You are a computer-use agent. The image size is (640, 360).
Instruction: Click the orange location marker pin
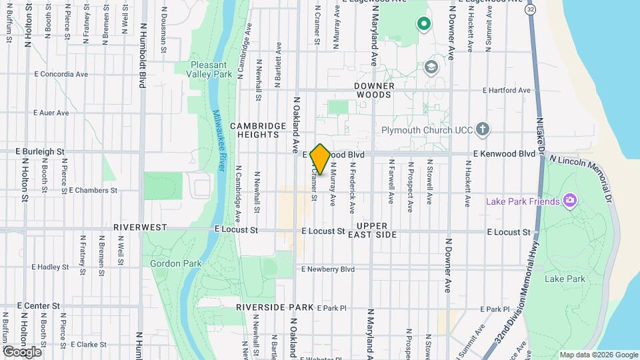[x=320, y=159]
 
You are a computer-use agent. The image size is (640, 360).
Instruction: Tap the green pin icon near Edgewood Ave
[x=423, y=25]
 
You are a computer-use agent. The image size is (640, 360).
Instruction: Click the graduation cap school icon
[x=431, y=67]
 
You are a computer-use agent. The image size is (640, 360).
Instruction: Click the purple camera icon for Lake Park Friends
[x=569, y=200]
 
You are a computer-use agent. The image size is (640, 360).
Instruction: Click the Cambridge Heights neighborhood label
[x=254, y=130]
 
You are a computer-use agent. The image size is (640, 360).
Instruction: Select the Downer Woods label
[x=374, y=90]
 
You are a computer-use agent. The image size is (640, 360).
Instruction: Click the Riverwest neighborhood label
[x=140, y=227]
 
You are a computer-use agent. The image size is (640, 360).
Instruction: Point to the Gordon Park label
[x=176, y=263]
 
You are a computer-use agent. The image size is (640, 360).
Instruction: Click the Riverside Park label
[x=274, y=307]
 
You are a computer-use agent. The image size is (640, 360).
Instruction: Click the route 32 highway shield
[x=530, y=11]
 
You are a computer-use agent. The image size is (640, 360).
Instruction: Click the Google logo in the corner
[x=22, y=351]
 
